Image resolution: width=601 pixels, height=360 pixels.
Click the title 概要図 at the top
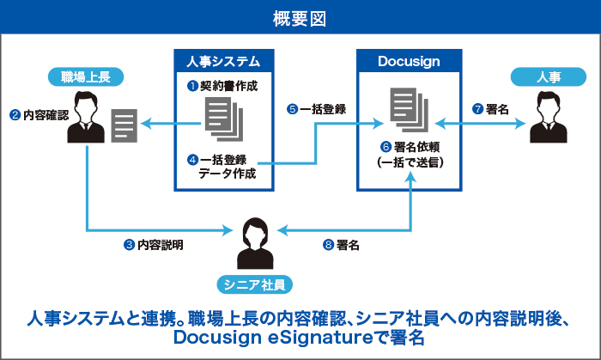click(300, 17)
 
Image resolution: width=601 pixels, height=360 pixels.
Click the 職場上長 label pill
click(87, 77)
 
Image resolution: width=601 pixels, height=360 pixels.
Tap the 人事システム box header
click(222, 62)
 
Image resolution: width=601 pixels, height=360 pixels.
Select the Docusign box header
click(409, 62)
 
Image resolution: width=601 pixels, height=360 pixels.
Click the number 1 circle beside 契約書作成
click(193, 86)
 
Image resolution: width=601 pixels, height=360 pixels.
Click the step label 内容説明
click(161, 245)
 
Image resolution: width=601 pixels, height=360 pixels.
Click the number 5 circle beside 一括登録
click(293, 109)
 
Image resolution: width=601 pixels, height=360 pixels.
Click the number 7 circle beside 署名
click(477, 109)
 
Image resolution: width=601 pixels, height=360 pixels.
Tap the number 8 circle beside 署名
click(328, 245)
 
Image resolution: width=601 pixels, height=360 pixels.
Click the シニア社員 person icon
click(255, 243)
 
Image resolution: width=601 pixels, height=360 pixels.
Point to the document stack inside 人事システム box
click(223, 121)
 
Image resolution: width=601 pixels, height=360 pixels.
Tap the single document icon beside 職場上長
click(125, 126)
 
